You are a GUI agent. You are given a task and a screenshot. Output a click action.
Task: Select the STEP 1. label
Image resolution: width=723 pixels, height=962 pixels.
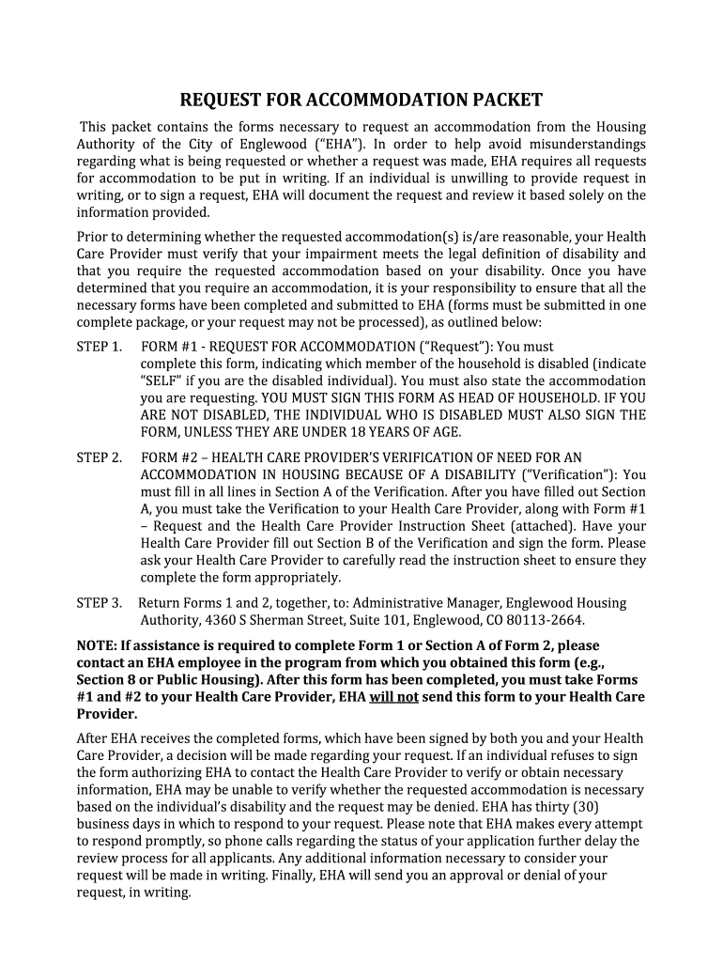click(99, 347)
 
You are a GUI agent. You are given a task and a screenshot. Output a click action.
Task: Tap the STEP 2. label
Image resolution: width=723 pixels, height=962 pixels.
click(99, 458)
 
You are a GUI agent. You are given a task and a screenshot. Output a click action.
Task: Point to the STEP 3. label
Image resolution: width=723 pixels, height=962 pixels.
click(99, 603)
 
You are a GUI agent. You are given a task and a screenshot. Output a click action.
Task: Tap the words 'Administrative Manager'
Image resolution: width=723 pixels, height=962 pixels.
click(407, 603)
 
